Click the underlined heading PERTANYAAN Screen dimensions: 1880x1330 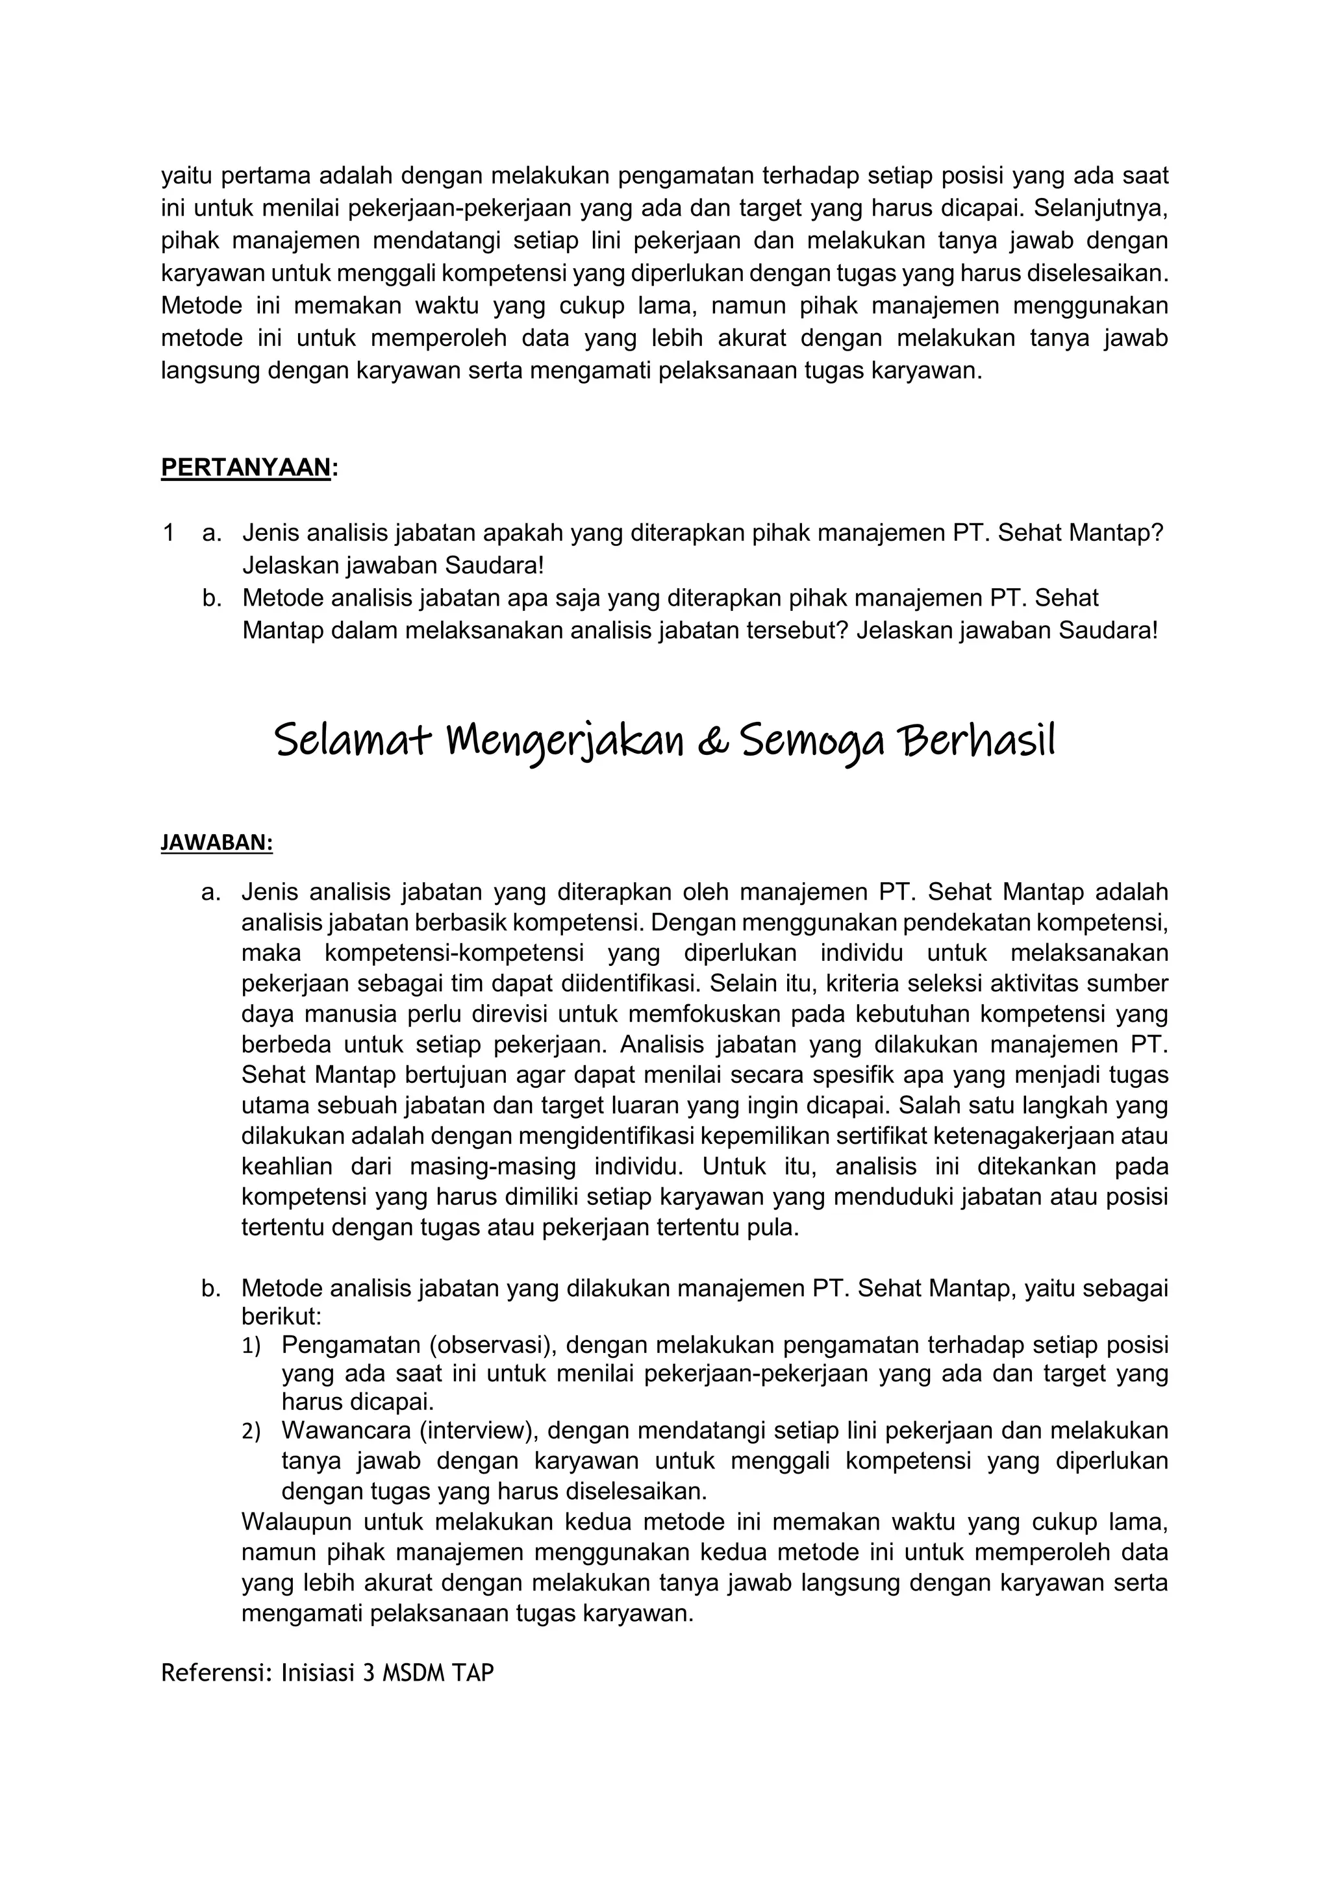click(x=245, y=467)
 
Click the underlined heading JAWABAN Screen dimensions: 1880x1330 click(x=216, y=843)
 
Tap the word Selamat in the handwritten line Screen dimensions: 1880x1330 click(x=352, y=740)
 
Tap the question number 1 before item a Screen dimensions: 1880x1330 click(x=168, y=533)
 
